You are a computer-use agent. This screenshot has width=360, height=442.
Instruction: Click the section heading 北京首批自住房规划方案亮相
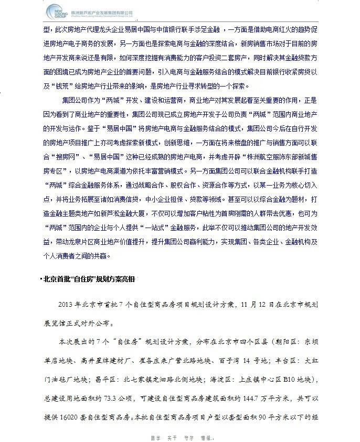[x=89, y=278]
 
